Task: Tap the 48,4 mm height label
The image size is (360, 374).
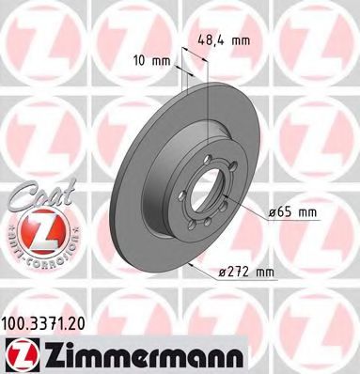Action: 224,40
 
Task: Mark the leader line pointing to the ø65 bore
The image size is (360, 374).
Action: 248,212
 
